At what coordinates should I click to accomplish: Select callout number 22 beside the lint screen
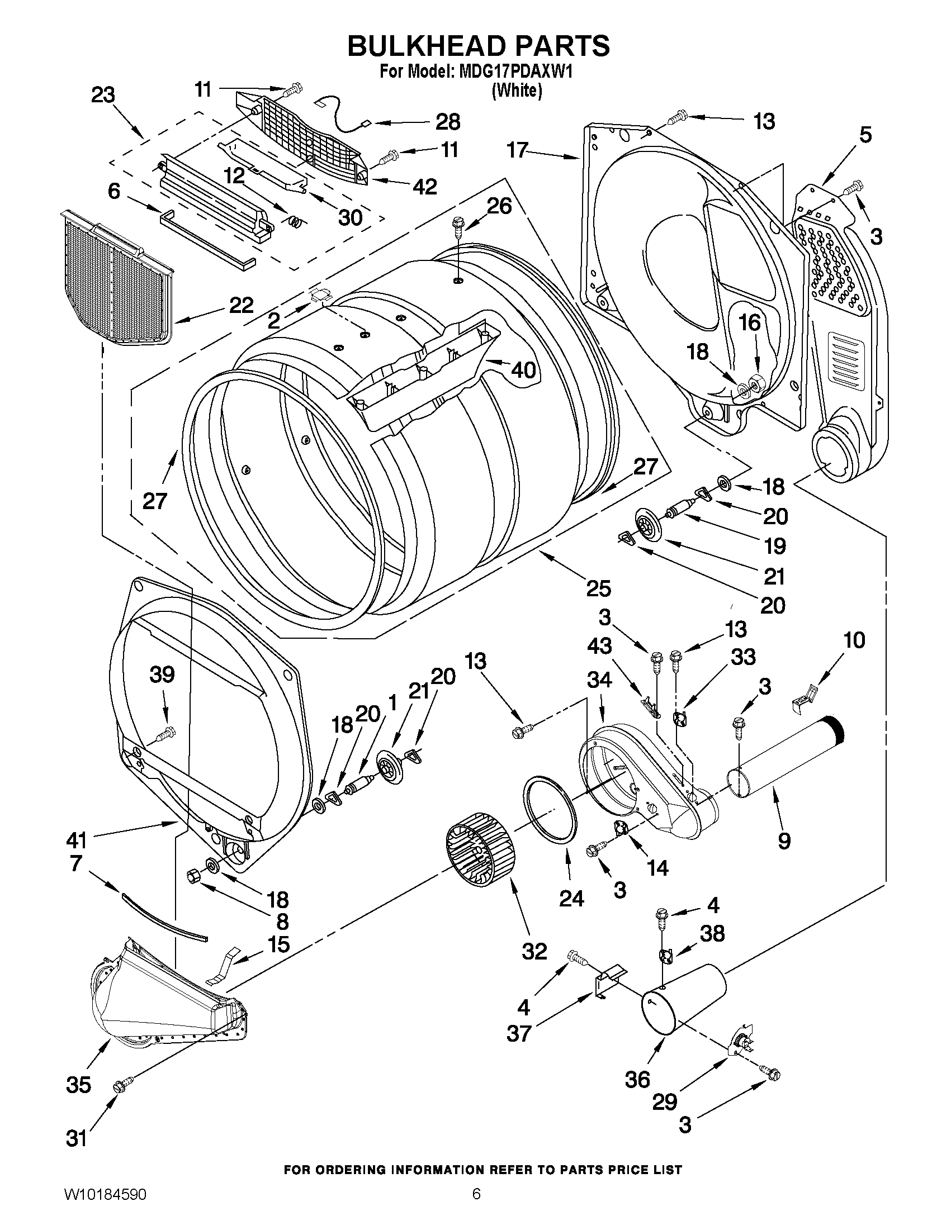(x=240, y=305)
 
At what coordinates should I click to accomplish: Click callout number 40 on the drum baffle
(x=523, y=370)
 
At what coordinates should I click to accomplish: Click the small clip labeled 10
(x=805, y=696)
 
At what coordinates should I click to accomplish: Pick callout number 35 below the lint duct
(x=78, y=1084)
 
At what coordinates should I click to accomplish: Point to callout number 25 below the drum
(x=598, y=588)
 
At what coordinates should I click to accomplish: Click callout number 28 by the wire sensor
(x=447, y=122)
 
